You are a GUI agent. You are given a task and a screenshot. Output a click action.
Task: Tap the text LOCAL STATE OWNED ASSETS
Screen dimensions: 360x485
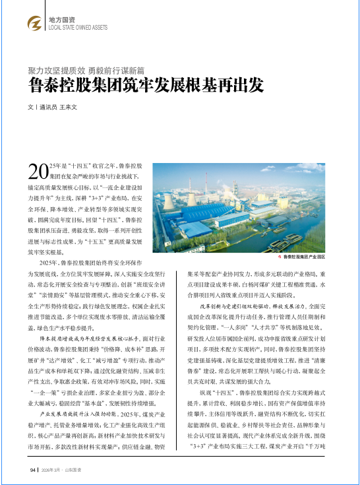[78, 28]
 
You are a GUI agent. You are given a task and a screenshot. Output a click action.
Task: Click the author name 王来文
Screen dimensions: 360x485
[69, 106]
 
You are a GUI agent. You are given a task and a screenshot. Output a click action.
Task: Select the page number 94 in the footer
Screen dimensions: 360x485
[32, 470]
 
